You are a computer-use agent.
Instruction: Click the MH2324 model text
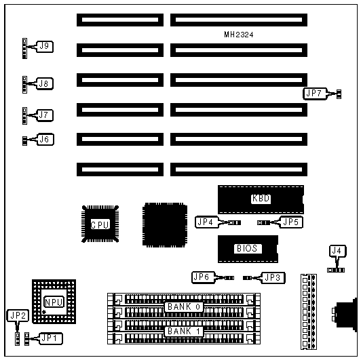(x=239, y=35)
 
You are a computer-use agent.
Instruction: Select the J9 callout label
(x=45, y=47)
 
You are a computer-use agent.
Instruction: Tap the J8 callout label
(x=45, y=83)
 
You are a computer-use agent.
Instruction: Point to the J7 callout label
(x=45, y=115)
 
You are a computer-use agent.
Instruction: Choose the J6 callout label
(x=45, y=140)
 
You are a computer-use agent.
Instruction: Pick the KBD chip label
(x=261, y=198)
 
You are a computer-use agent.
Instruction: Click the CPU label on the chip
(x=100, y=224)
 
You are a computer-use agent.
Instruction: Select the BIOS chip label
(x=247, y=248)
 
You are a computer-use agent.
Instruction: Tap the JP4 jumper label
(x=206, y=222)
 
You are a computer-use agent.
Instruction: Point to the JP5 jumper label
(x=291, y=222)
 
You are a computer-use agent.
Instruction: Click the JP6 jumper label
(x=203, y=277)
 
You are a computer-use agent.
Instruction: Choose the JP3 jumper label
(x=273, y=278)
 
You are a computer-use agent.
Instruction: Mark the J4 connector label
(x=338, y=251)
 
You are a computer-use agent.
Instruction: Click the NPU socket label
(x=54, y=302)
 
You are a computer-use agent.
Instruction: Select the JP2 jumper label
(x=18, y=316)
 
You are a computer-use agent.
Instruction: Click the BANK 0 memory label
(x=184, y=307)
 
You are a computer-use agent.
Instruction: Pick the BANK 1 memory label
(x=184, y=332)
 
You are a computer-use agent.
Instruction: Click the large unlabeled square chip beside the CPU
(x=165, y=224)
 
